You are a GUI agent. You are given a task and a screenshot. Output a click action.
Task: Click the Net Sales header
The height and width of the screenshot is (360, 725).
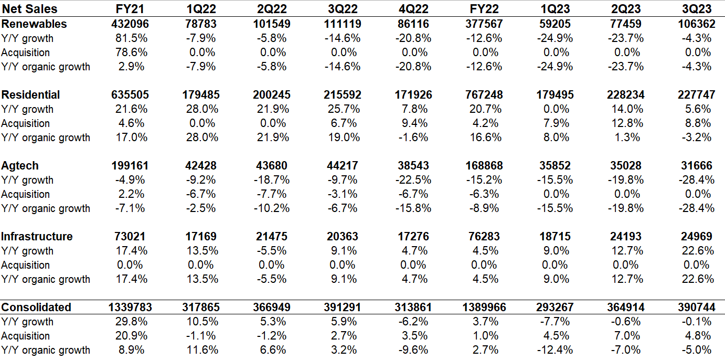pos(29,9)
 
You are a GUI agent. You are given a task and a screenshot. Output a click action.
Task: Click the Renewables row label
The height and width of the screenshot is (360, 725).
pos(34,24)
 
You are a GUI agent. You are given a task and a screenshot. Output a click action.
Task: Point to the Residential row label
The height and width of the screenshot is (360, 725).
pos(31,95)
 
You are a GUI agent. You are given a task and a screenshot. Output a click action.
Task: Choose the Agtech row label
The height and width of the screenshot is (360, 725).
pos(20,166)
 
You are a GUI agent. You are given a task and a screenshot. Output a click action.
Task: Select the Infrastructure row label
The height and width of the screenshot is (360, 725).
pos(37,237)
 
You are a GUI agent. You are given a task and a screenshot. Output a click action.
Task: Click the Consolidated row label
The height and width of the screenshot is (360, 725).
pos(36,308)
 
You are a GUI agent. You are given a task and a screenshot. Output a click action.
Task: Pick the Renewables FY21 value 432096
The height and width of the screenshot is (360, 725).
pos(130,24)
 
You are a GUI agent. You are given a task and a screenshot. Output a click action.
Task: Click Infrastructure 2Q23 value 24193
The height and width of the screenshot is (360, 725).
pos(625,237)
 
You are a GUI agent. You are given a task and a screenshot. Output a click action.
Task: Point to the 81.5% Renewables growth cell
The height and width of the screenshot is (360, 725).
pos(131,38)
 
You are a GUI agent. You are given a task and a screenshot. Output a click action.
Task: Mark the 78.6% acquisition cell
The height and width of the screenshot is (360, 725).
pos(131,52)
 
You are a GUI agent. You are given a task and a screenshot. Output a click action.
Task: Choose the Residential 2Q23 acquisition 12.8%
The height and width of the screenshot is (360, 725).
pos(625,123)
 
